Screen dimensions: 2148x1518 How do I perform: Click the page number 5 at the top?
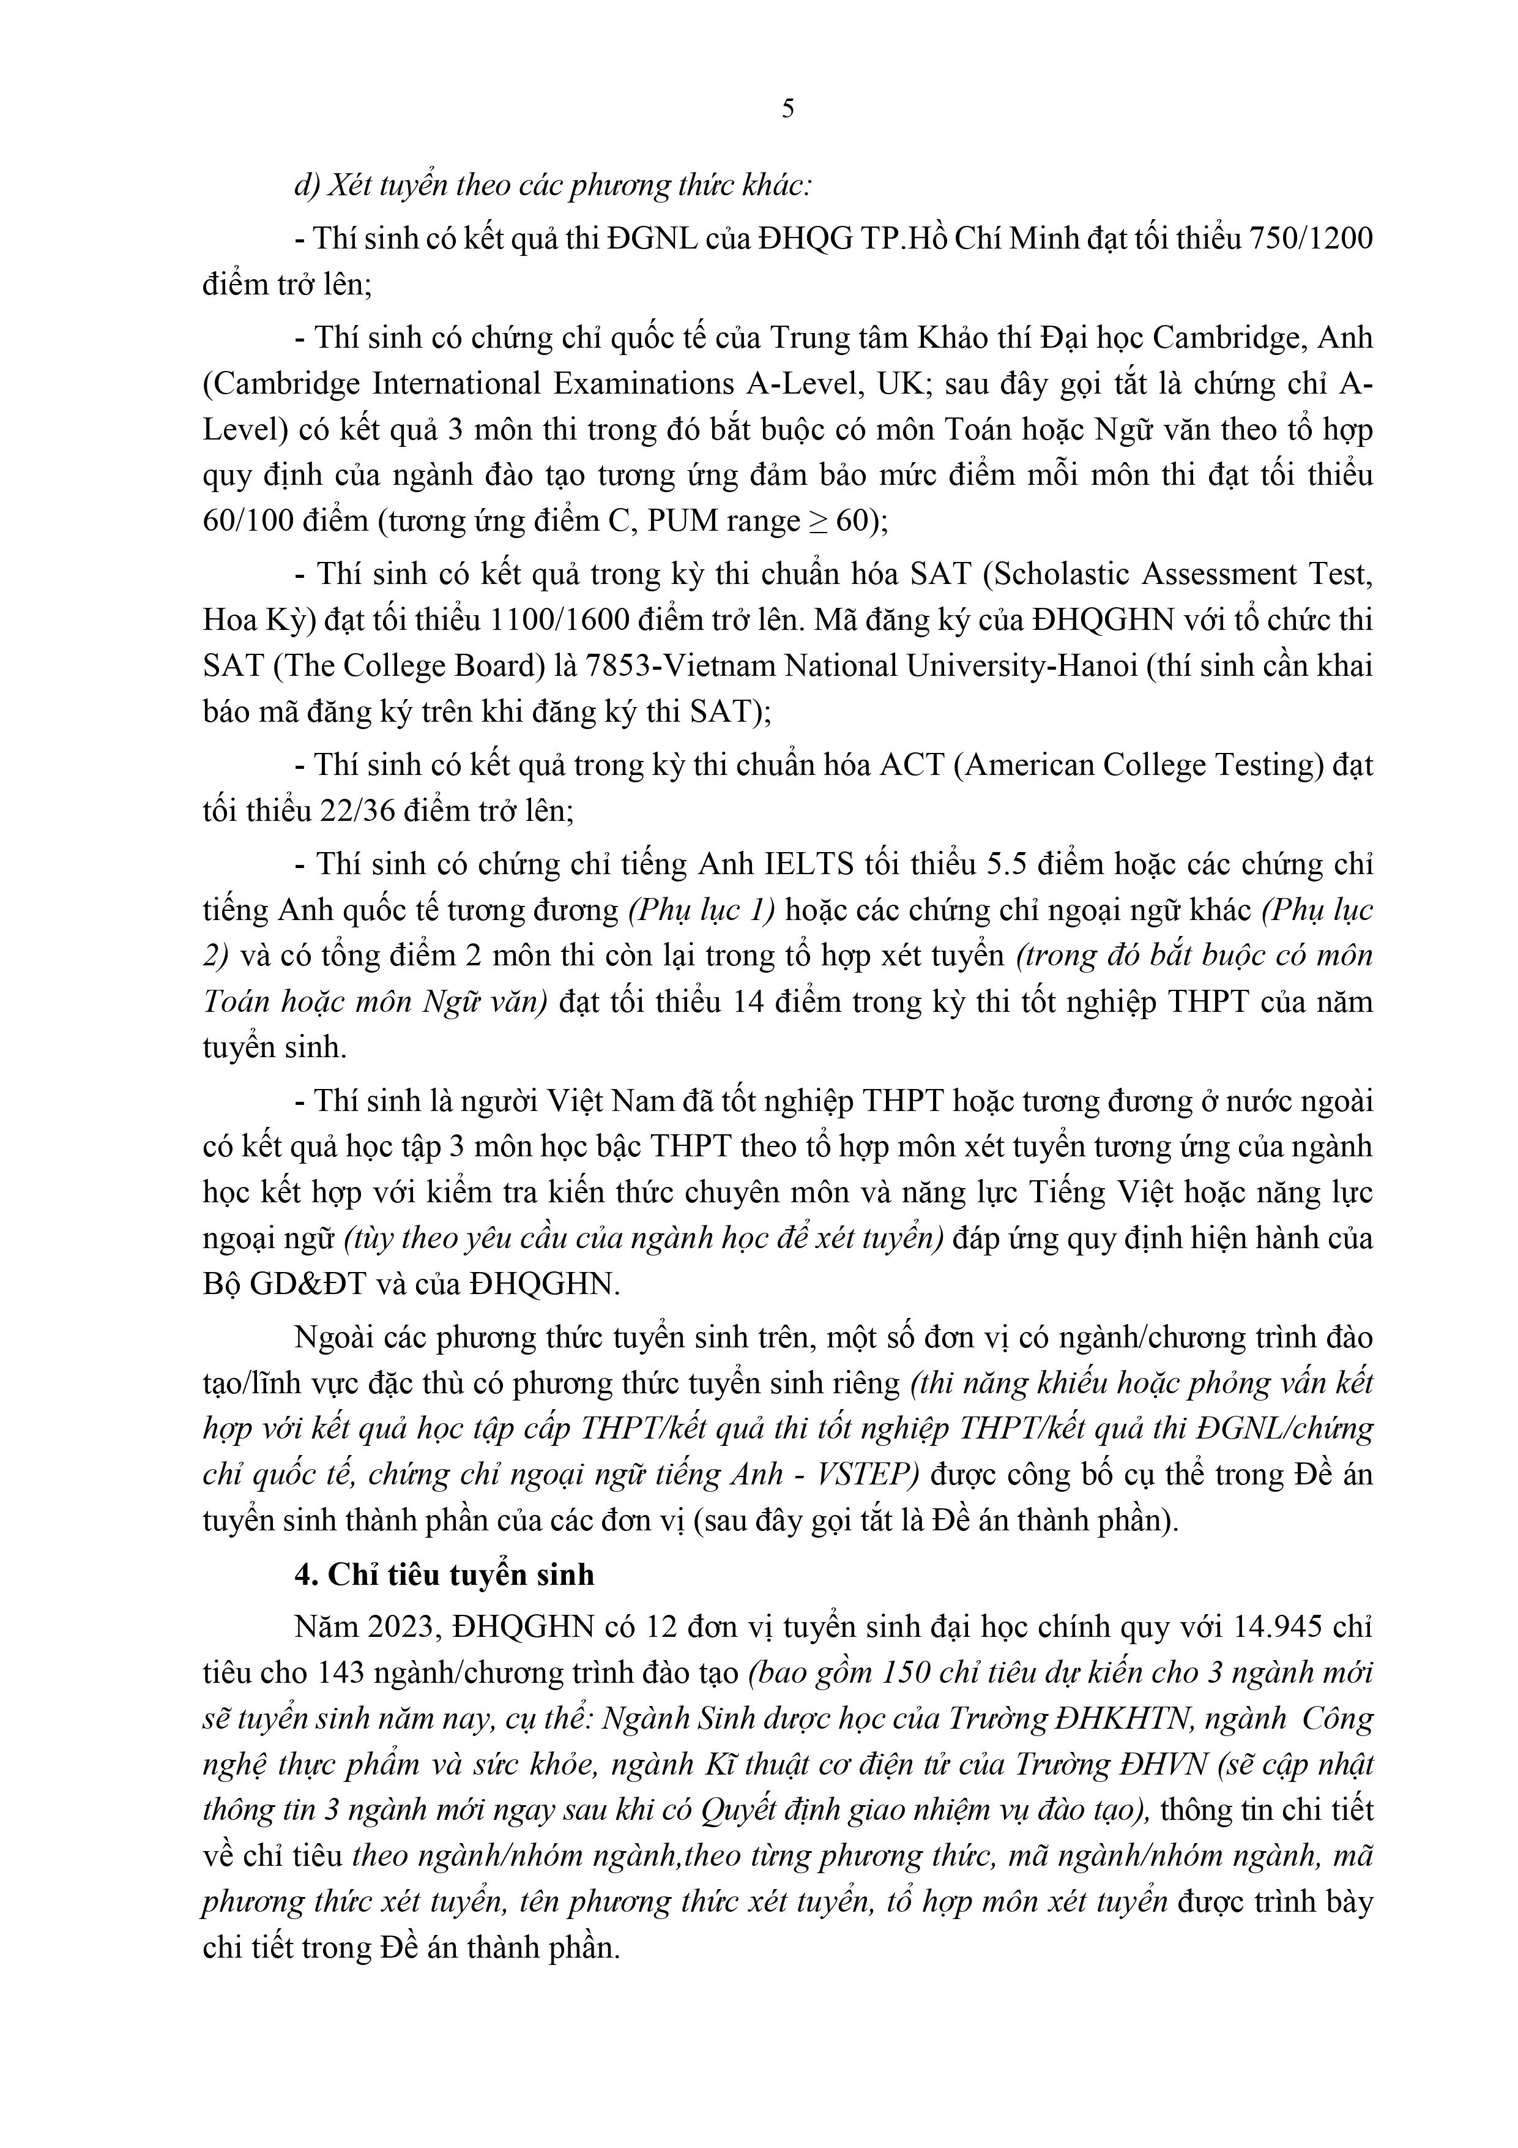787,110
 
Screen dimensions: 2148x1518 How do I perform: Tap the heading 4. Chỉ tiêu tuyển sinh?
444,1574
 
